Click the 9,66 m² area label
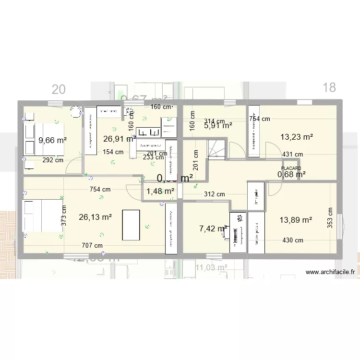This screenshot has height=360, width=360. tap(52, 140)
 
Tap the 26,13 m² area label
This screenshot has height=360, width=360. tap(95, 216)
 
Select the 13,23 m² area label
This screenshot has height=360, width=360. tap(297, 137)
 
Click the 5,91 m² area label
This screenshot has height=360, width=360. tap(218, 126)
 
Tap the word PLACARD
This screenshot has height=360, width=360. tap(291, 168)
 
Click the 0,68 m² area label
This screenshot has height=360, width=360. tap(291, 174)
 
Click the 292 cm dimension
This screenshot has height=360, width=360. tap(53, 160)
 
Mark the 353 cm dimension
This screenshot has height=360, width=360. tap(330, 218)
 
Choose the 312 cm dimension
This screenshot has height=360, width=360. tap(214, 194)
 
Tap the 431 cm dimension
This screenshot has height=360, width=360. tap(292, 155)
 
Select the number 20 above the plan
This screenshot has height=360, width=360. tap(59, 89)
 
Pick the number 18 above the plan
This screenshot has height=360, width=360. tap(329, 87)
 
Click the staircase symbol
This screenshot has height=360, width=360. tap(216, 147)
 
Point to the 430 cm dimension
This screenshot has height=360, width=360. tap(292, 240)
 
